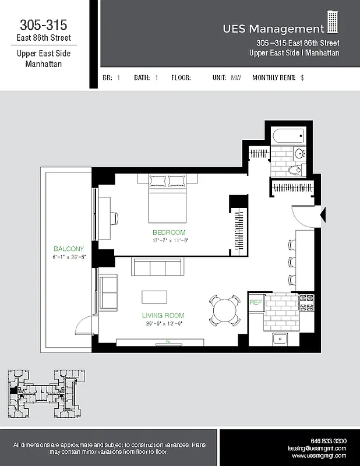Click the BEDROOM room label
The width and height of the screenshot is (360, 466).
tap(169, 232)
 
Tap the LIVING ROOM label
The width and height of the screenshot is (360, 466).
tap(163, 316)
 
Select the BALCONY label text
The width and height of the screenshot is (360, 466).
tap(69, 249)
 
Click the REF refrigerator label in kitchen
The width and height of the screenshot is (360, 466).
tap(255, 302)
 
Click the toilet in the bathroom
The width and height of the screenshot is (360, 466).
tap(296, 170)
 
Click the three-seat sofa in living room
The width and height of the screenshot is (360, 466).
tap(157, 267)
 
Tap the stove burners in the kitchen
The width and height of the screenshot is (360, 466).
tap(306, 302)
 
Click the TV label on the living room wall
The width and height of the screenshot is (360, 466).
tap(167, 341)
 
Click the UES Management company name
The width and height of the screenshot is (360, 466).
tap(273, 28)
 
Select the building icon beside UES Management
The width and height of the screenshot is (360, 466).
tap(333, 22)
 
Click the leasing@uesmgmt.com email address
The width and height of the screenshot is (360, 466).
tap(317, 449)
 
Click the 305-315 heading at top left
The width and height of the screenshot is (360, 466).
tap(44, 24)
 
